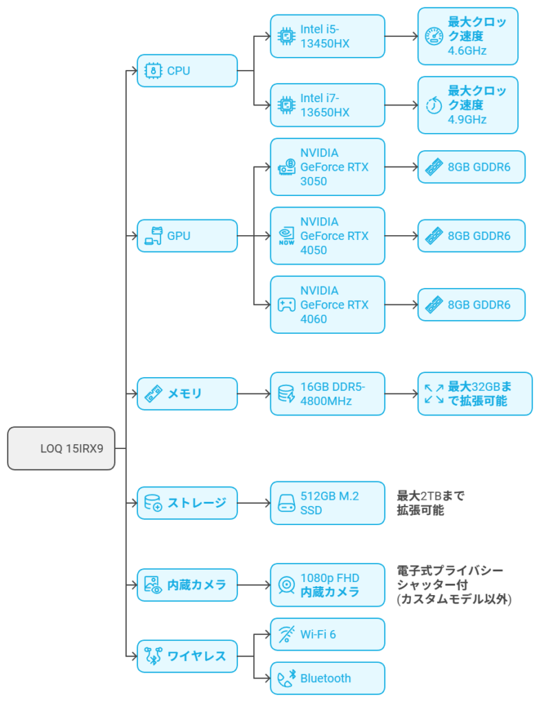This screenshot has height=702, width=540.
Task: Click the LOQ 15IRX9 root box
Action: (x=61, y=448)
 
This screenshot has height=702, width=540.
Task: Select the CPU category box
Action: (x=187, y=71)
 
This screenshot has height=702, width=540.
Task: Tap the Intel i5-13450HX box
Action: (x=327, y=36)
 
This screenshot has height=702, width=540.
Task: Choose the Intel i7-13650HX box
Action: (x=327, y=105)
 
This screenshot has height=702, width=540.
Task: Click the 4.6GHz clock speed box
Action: (x=468, y=36)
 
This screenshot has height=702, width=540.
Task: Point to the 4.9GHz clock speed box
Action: (x=468, y=105)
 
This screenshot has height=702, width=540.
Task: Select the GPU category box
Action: (x=187, y=236)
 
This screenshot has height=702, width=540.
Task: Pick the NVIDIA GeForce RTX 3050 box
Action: (x=327, y=167)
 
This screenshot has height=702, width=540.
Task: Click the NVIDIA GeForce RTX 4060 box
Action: (x=327, y=305)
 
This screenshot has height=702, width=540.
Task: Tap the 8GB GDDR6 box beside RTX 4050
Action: (x=471, y=236)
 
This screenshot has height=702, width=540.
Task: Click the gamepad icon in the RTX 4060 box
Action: (x=287, y=305)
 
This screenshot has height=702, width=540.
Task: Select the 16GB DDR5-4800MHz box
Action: (x=327, y=394)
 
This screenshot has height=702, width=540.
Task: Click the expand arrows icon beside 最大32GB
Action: (x=434, y=394)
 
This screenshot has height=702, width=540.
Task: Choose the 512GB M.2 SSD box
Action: (x=327, y=503)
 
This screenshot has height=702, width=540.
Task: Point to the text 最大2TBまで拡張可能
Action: (x=431, y=503)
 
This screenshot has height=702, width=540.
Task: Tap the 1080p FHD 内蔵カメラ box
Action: (x=327, y=585)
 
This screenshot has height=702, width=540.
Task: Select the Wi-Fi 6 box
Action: (x=327, y=634)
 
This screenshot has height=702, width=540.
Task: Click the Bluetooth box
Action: (x=327, y=678)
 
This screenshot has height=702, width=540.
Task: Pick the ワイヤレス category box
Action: (x=187, y=656)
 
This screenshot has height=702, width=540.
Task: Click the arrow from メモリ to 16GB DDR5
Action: (x=254, y=394)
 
